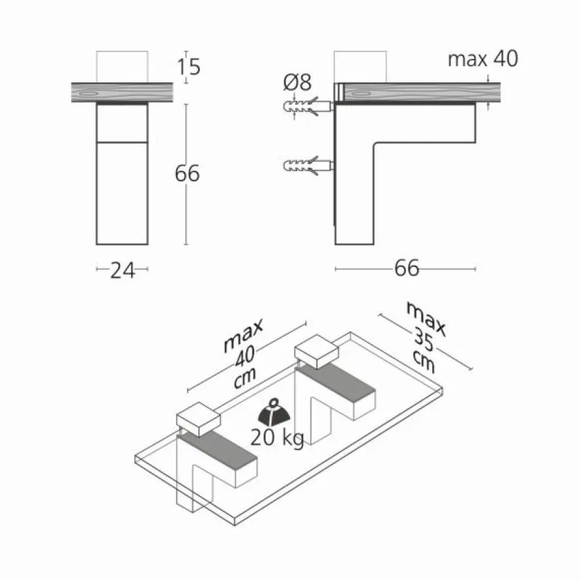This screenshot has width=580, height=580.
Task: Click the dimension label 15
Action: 188,67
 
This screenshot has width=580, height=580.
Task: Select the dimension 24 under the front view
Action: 123,270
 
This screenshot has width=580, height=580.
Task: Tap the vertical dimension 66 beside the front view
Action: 187,173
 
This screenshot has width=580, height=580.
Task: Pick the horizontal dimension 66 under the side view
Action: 407,268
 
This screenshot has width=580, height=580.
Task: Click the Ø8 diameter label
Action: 297,82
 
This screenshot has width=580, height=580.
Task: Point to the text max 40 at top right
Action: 482,59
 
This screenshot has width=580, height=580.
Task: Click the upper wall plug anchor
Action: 308,107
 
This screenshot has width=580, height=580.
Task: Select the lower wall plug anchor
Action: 308,165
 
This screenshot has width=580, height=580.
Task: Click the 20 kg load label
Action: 277,438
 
